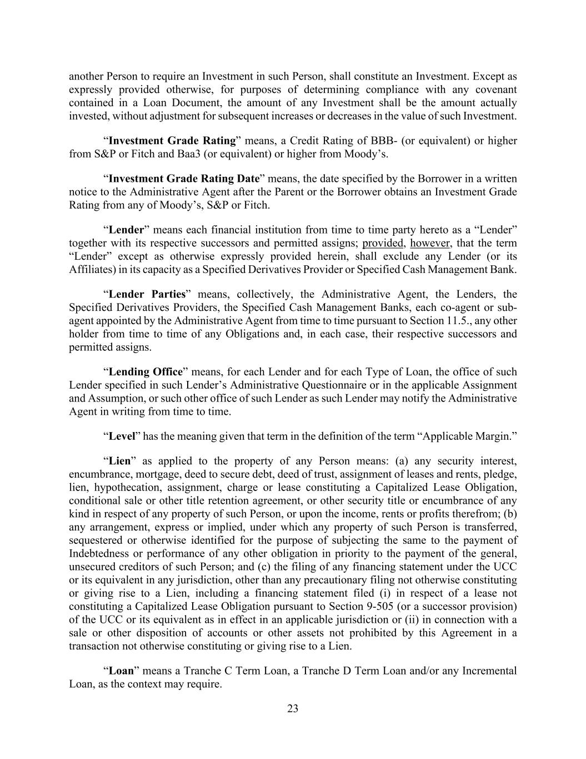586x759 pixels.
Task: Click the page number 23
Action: (293, 708)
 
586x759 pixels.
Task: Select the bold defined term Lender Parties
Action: (147, 294)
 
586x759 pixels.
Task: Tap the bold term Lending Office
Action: (145, 372)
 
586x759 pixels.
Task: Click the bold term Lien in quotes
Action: (119, 461)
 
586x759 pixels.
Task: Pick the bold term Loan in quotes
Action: (121, 671)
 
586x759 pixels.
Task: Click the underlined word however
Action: (430, 243)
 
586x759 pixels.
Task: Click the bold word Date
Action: (248, 178)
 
